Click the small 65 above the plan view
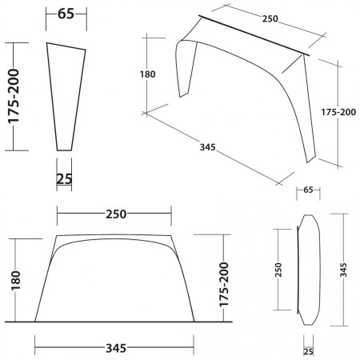click(308, 191)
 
